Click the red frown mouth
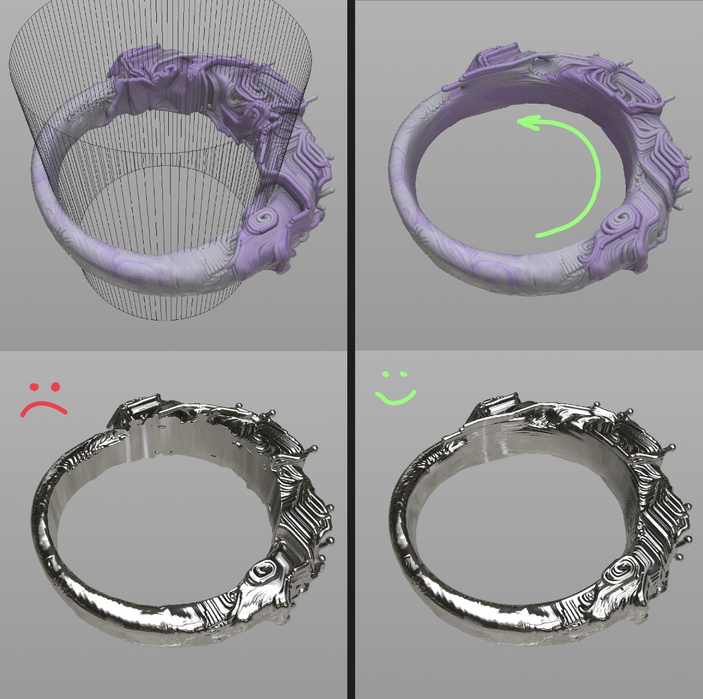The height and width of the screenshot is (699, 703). click(x=44, y=407)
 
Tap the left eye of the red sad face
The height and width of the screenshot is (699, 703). click(x=34, y=387)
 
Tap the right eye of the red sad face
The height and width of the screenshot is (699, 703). click(x=56, y=386)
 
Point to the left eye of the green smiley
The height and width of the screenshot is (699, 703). click(x=386, y=375)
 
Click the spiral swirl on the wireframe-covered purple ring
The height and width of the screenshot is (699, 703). click(x=263, y=220)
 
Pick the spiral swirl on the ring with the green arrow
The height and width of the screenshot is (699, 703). click(x=616, y=222)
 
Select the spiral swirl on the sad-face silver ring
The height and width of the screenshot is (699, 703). click(x=265, y=568)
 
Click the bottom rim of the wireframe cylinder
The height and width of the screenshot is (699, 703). click(x=162, y=318)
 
